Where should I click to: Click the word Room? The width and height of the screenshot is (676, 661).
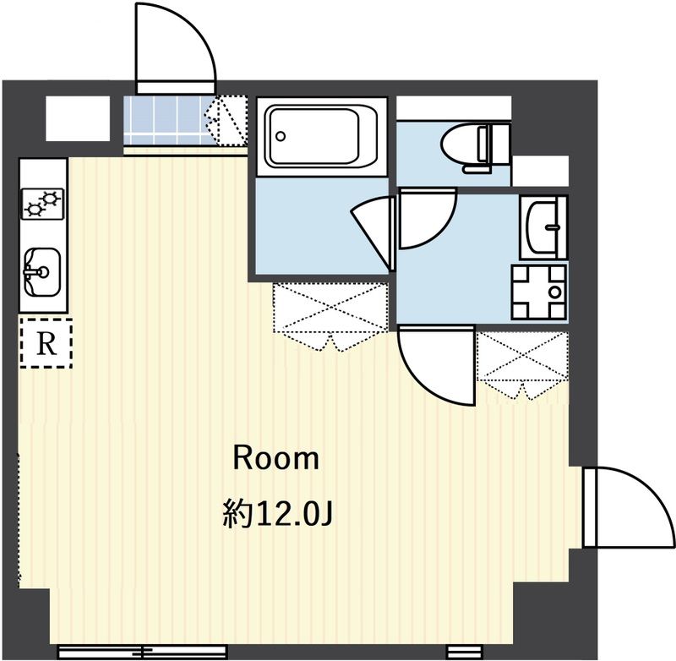[x=276, y=459]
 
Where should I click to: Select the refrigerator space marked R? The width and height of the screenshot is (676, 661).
[x=46, y=343]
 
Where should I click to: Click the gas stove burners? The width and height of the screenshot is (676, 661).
[x=42, y=203]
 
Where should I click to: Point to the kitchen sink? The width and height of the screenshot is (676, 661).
[x=41, y=271]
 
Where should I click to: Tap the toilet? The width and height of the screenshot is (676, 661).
[x=476, y=147]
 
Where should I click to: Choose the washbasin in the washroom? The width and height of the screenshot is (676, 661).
[x=543, y=227]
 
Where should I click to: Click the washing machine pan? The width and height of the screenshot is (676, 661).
[x=539, y=292]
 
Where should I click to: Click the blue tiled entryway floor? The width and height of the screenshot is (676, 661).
[x=165, y=120]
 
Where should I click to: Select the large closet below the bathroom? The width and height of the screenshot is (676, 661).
[x=330, y=315]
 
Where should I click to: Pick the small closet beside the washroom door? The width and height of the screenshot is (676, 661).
[x=523, y=364]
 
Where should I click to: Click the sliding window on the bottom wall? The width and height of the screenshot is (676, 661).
[x=142, y=650]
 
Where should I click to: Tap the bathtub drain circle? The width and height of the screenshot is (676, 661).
[x=281, y=136]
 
